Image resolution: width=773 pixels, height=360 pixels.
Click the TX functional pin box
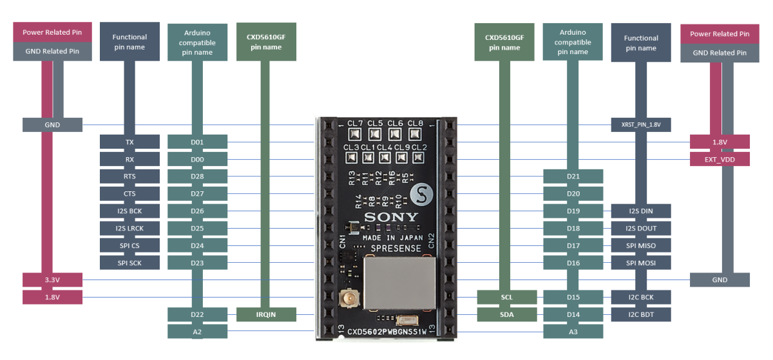click(129, 142)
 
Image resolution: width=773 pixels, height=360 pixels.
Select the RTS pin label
click(129, 176)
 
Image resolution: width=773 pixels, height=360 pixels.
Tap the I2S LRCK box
click(129, 228)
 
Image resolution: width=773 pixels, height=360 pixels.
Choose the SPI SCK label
click(129, 263)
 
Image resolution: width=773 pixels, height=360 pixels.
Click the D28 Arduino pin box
click(197, 176)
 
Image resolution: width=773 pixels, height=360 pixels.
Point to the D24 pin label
click(197, 245)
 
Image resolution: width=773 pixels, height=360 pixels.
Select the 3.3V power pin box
click(52, 280)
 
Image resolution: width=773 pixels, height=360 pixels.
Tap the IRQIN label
click(266, 314)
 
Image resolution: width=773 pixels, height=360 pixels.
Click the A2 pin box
click(197, 332)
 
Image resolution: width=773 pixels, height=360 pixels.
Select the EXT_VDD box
click(720, 159)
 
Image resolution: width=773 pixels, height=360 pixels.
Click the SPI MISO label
click(641, 245)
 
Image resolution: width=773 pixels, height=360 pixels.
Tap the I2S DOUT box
click(641, 228)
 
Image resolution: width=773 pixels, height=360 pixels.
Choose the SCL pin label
click(506, 297)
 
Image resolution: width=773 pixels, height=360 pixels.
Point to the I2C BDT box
click(641, 314)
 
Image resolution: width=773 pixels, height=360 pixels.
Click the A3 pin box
click(573, 332)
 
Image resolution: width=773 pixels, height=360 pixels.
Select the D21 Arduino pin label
click(573, 176)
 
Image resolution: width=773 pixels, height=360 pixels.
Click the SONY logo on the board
click(391, 217)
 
